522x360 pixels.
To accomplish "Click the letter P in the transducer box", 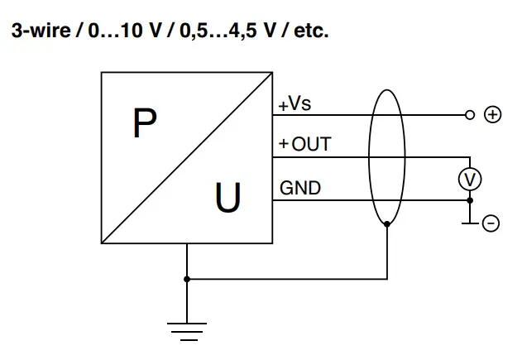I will pyautogui.click(x=144, y=124).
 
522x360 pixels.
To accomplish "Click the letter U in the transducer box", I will pyautogui.click(x=228, y=199).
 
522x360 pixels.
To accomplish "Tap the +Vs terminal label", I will pyautogui.click(x=295, y=105).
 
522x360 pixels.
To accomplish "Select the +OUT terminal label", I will pyautogui.click(x=304, y=145).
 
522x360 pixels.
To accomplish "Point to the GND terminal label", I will pyautogui.click(x=300, y=189).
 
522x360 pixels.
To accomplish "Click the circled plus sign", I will pyautogui.click(x=493, y=115).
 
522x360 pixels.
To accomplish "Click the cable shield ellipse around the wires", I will pyautogui.click(x=369, y=157).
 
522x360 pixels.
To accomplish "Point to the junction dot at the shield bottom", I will pyautogui.click(x=388, y=223).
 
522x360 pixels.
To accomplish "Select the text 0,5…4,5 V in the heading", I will pyautogui.click(x=224, y=32).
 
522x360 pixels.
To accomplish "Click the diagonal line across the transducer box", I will pyautogui.click(x=187, y=156).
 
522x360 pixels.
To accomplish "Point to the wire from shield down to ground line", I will pyautogui.click(x=388, y=252).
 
